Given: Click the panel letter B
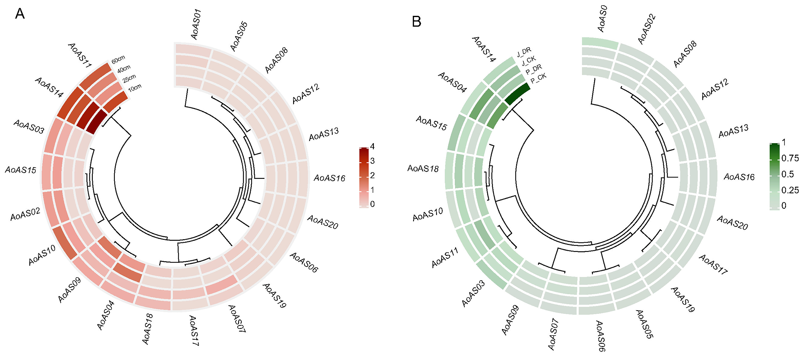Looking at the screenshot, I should (417, 22).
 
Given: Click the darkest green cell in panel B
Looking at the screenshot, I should (518, 94).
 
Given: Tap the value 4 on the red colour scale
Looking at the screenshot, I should (372, 146).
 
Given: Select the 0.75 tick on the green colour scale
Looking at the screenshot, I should (790, 158).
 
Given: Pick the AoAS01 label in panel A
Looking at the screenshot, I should (196, 25).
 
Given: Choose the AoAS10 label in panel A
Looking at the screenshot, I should (42, 255).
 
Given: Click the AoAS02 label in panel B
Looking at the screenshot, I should (647, 29).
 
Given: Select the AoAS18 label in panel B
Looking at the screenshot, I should (423, 169).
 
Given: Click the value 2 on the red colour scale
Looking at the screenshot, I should (372, 175).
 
